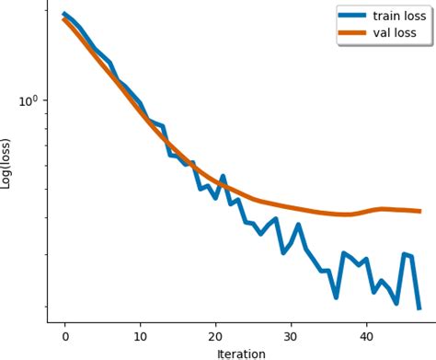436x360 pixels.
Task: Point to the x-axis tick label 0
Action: [x=64, y=337]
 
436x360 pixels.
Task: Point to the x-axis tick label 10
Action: [x=140, y=337]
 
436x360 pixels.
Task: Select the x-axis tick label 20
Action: [x=215, y=337]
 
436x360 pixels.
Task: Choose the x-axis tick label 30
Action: [x=291, y=337]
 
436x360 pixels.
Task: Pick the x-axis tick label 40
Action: [x=366, y=337]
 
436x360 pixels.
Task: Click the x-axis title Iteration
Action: [x=241, y=353]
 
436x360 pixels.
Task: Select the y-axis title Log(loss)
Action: [x=7, y=163]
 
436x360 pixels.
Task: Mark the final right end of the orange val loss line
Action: [x=419, y=211]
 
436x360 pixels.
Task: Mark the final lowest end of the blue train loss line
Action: [x=419, y=308]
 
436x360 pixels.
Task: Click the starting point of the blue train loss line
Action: [x=64, y=14]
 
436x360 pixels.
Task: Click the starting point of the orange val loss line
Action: [x=64, y=19]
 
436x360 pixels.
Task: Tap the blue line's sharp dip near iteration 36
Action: [x=336, y=296]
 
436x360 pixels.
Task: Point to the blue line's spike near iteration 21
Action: [x=223, y=176]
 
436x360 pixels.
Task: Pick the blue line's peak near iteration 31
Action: [x=298, y=225]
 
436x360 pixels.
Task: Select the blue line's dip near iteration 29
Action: [x=283, y=251]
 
